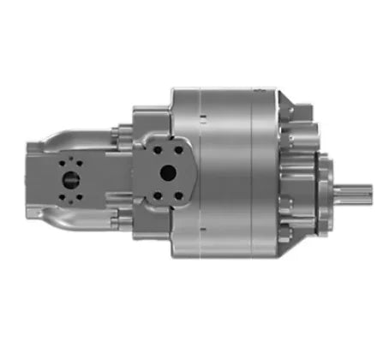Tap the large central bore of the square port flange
click(168, 173)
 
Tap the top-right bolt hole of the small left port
click(78, 163)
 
